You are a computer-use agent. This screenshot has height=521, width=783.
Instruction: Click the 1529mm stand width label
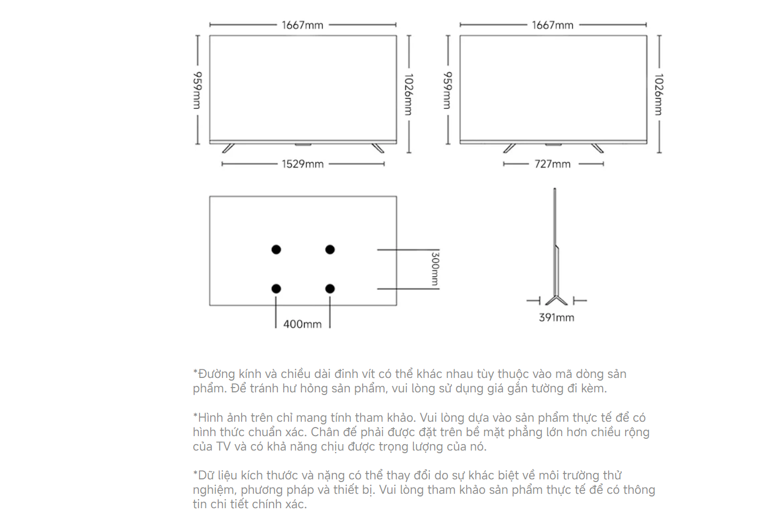303,164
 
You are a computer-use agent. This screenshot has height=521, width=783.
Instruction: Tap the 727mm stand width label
552,164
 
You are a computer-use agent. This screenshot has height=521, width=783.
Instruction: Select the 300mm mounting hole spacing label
435,269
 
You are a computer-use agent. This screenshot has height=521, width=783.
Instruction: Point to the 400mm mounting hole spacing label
302,325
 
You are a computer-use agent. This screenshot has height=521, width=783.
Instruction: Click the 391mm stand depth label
556,318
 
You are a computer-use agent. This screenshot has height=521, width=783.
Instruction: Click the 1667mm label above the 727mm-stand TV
553,25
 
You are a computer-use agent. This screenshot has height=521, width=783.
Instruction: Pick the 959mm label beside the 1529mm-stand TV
197,90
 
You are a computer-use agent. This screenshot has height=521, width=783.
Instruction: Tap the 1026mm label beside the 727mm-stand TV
659,94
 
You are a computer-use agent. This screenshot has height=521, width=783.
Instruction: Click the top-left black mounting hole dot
276,249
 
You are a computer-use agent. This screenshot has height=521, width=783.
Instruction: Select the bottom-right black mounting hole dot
330,289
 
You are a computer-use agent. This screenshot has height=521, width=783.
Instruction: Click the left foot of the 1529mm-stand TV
228,148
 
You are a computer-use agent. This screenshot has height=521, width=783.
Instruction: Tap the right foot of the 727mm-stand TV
597,148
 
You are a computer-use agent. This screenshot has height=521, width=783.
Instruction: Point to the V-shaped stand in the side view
556,300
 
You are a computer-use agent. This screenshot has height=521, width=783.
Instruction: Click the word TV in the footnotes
223,447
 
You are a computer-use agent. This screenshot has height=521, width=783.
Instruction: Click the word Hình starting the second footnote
208,418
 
